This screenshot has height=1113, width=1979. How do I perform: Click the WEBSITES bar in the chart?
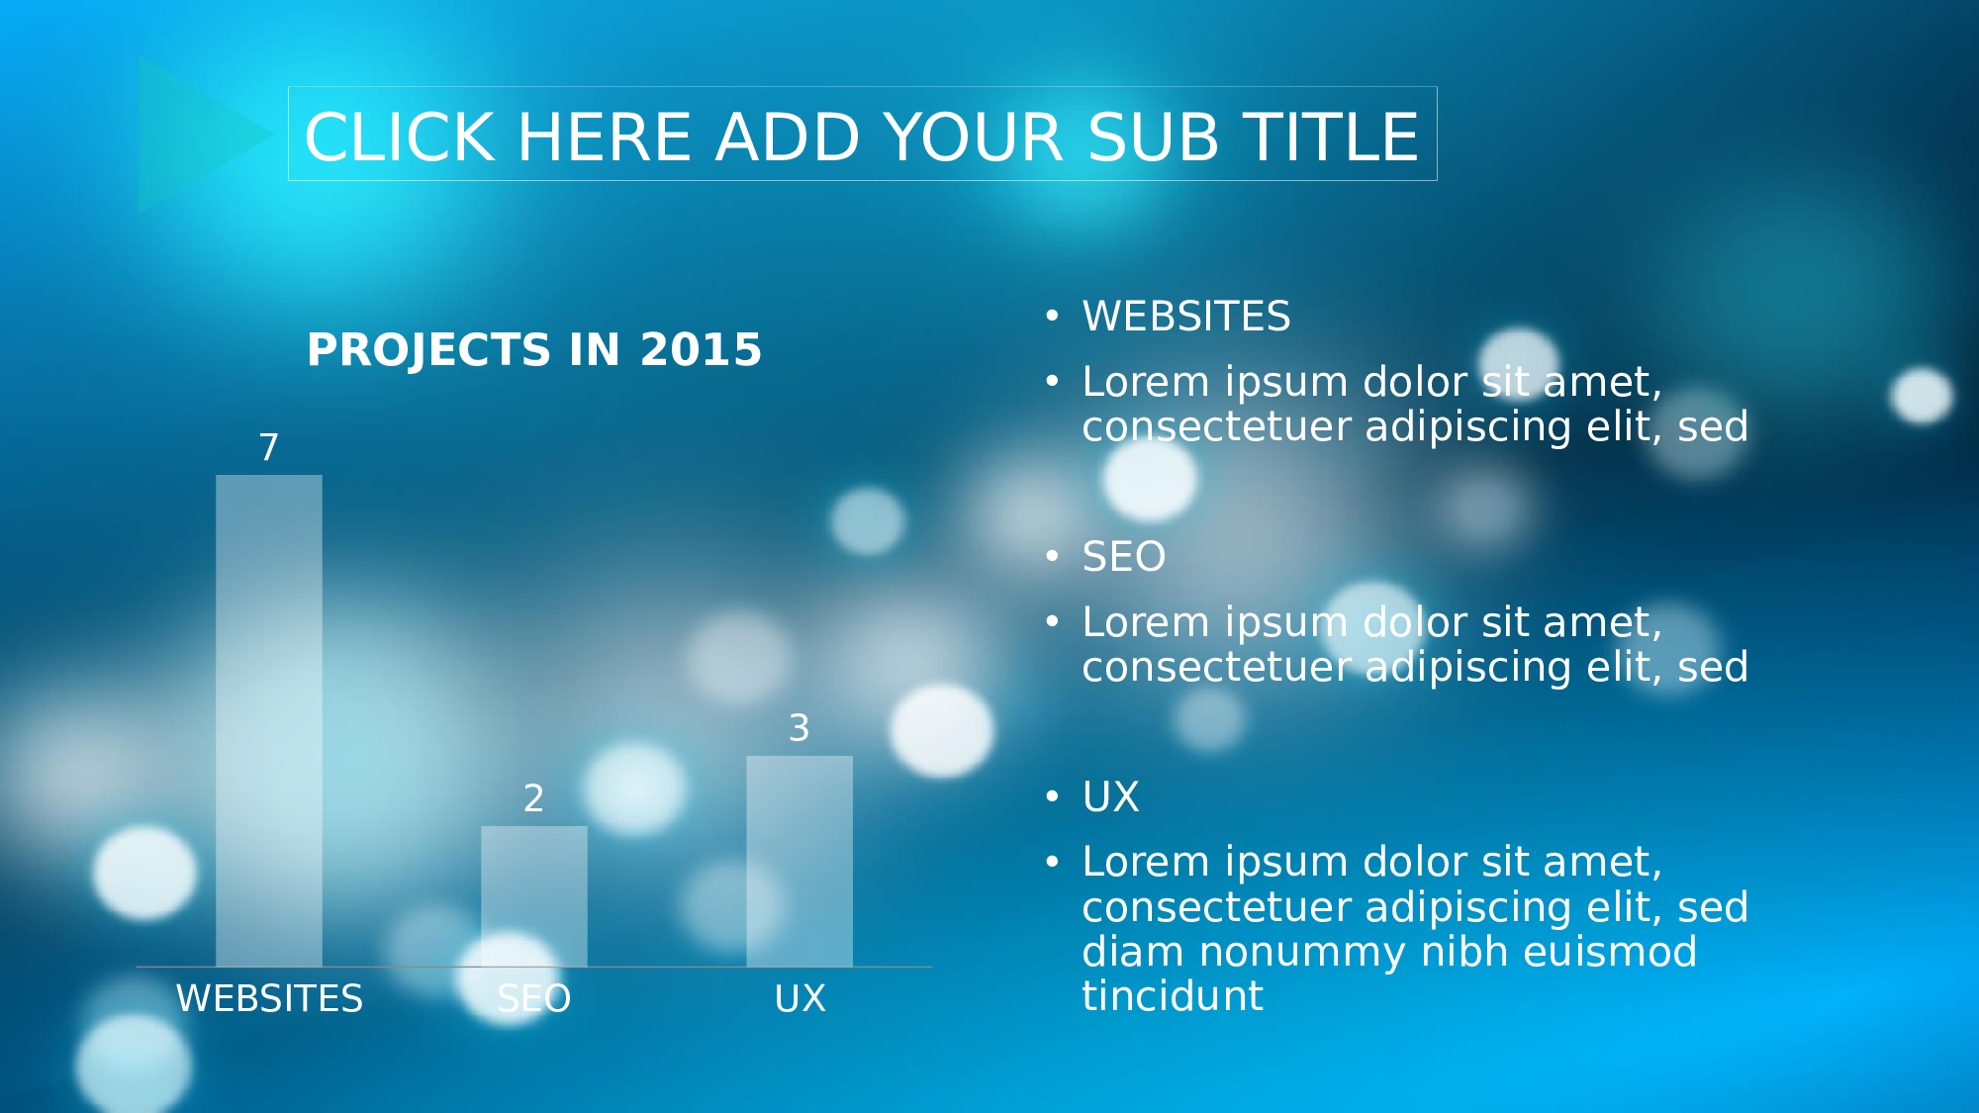point(269,720)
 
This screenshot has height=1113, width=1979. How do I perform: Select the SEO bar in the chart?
point(534,896)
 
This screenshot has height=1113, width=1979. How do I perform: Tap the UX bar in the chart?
point(800,861)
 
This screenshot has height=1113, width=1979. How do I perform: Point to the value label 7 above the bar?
point(269,447)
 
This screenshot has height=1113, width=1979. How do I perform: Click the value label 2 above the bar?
point(534,797)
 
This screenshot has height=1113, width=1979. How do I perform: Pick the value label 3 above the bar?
point(800,728)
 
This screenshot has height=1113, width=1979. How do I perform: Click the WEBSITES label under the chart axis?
point(269,998)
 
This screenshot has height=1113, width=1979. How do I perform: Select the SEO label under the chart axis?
point(534,998)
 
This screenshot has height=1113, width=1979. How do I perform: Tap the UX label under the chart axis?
point(800,998)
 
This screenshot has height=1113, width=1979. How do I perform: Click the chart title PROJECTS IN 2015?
point(534,349)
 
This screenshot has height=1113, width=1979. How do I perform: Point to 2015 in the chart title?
point(701,349)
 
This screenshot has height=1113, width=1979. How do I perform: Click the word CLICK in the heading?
point(399,137)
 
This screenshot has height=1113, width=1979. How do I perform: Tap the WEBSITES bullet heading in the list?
point(1186,317)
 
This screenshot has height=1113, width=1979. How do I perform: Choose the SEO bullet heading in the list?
point(1124,557)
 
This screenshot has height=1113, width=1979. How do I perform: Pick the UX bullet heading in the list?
point(1111,796)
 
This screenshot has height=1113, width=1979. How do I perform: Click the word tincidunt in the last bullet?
point(1173,996)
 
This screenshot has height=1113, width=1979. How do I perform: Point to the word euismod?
point(1611,952)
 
